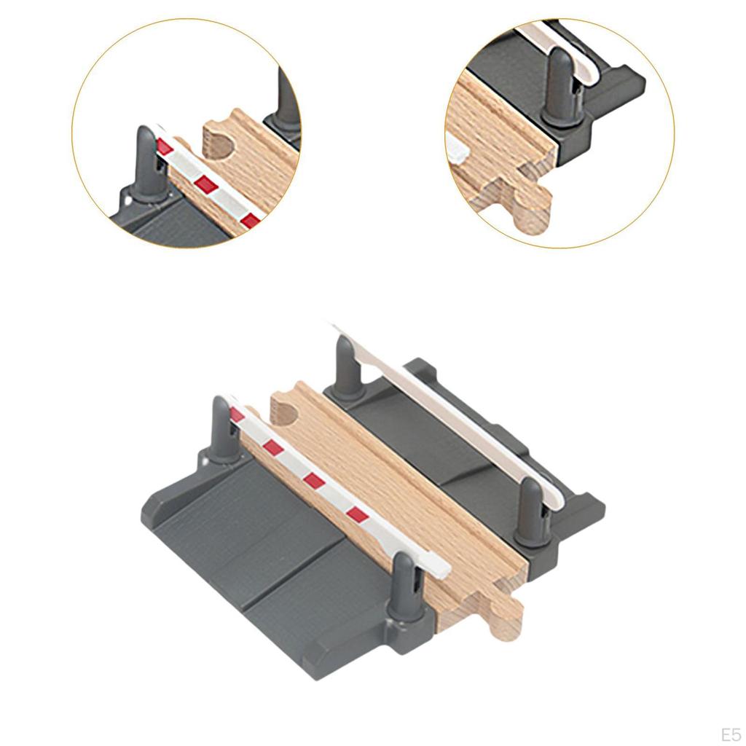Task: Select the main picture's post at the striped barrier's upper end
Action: pyautogui.click(x=221, y=430)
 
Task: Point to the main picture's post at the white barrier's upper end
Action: pyautogui.click(x=345, y=369)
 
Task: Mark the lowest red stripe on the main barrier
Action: pyautogui.click(x=358, y=514)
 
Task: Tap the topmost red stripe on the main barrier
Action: pyautogui.click(x=237, y=415)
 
